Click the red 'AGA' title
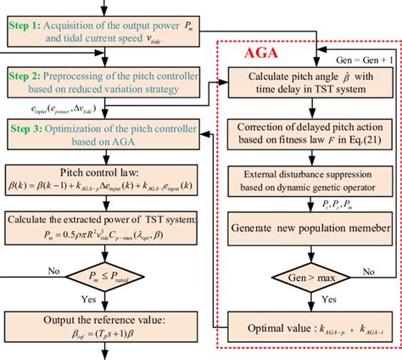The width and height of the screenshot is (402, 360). click(260, 53)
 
